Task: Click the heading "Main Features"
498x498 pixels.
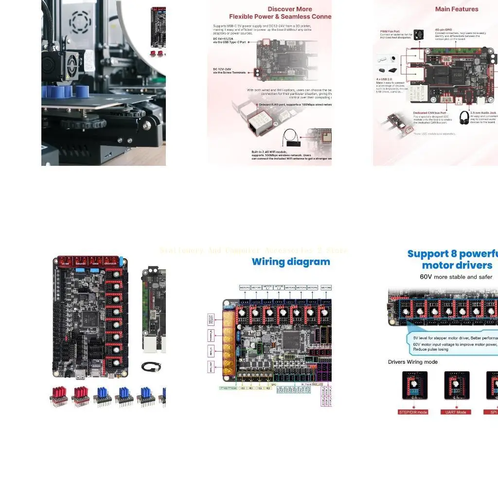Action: tap(456, 9)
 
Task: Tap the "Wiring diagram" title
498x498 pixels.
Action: tap(291, 262)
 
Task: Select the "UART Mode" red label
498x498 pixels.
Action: tap(456, 412)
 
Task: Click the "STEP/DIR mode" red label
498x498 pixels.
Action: tap(412, 412)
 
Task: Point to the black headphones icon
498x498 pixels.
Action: tap(464, 118)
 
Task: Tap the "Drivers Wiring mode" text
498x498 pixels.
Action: tap(412, 362)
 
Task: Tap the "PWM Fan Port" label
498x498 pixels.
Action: tap(390, 31)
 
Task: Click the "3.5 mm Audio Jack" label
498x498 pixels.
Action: tap(482, 113)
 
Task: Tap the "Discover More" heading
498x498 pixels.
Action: tap(290, 9)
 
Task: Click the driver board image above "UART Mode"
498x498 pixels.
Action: tap(457, 385)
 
